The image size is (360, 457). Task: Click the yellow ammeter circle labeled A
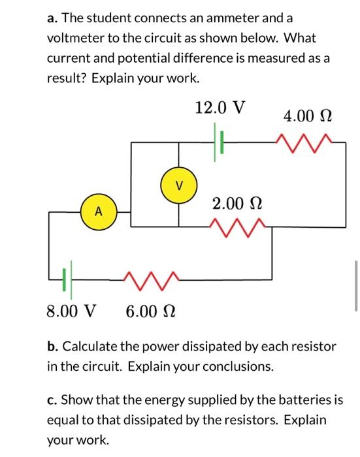(98, 211)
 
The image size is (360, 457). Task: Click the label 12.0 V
(220, 108)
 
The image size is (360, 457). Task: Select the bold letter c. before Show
(52, 400)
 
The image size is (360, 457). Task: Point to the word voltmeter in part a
(76, 39)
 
